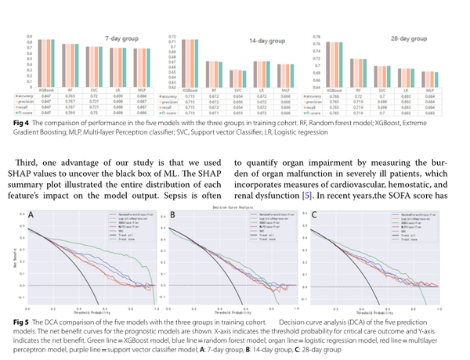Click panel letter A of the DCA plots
[31, 214]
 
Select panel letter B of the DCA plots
[172, 214]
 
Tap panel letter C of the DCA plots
[314, 214]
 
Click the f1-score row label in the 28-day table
[313, 113]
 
